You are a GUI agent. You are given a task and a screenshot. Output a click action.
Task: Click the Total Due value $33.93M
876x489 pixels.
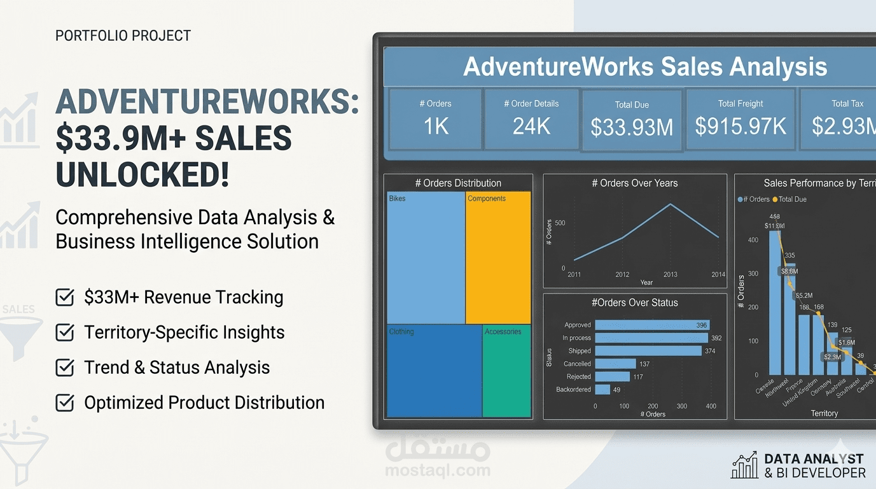pyautogui.click(x=632, y=127)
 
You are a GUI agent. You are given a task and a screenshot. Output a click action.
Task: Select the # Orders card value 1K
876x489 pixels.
pyautogui.click(x=436, y=127)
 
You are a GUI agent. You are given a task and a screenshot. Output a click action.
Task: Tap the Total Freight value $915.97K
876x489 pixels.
pyautogui.click(x=740, y=126)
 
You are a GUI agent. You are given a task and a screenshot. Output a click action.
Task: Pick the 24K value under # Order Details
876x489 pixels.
pyautogui.click(x=531, y=127)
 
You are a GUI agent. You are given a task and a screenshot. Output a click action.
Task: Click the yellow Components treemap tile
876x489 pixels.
pyautogui.click(x=498, y=258)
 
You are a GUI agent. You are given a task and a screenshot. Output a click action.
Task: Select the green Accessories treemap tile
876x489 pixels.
pyautogui.click(x=506, y=371)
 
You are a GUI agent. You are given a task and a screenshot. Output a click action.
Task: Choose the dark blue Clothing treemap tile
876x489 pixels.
pyautogui.click(x=435, y=371)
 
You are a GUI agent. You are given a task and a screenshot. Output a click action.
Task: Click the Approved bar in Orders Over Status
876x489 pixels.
pyautogui.click(x=651, y=325)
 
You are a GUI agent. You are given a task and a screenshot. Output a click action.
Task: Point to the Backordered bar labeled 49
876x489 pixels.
pyautogui.click(x=602, y=390)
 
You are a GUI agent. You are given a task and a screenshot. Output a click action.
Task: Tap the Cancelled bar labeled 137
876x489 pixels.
pyautogui.click(x=615, y=364)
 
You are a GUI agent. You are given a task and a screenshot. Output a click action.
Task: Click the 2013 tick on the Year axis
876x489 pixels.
pyautogui.click(x=670, y=274)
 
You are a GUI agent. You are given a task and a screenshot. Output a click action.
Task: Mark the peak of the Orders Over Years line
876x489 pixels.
pyautogui.click(x=671, y=204)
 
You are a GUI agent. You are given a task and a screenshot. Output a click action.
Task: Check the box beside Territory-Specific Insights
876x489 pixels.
pyautogui.click(x=65, y=332)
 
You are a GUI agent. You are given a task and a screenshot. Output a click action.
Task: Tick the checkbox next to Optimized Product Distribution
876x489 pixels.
pyautogui.click(x=65, y=402)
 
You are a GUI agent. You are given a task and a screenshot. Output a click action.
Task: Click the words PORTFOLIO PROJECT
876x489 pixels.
pyautogui.click(x=123, y=36)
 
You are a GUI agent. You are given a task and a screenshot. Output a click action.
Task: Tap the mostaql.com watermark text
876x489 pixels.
pyautogui.click(x=438, y=471)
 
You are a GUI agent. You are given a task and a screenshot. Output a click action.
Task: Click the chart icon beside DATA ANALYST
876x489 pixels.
pyautogui.click(x=744, y=465)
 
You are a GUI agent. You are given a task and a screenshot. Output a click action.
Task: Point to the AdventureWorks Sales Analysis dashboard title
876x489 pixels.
pyautogui.click(x=644, y=67)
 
